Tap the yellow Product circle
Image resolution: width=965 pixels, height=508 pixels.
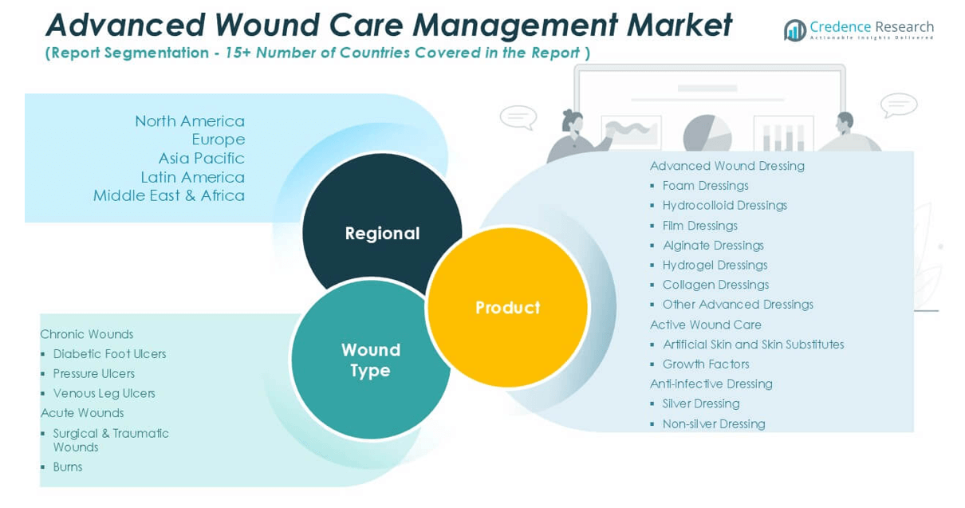pos(507,307)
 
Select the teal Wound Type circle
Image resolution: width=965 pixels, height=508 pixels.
pos(370,360)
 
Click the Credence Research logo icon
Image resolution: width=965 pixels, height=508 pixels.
pos(794,30)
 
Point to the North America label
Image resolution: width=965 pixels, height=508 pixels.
pos(190,121)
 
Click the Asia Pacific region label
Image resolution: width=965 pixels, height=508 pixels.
pos(201,158)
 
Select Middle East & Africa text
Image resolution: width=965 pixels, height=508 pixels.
pos(169,195)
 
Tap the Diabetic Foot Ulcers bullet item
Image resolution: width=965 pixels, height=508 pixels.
pos(109,354)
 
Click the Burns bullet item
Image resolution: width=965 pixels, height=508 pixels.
pos(68,467)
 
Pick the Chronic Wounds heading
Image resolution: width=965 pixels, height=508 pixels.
pos(87,334)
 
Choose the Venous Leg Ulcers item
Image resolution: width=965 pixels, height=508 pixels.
pos(104,393)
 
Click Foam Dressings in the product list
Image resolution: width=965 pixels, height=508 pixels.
pos(705,186)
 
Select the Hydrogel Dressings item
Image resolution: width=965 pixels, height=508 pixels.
pos(715,265)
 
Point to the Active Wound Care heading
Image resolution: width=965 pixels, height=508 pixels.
pos(706,325)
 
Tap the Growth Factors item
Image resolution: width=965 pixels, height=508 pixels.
pos(706,364)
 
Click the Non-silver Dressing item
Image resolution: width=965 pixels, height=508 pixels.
pos(714,423)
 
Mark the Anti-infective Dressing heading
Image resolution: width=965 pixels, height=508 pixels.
pos(711,384)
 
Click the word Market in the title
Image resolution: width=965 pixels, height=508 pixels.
pos(679,25)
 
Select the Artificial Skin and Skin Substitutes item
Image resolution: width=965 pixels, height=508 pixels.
pos(753,345)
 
